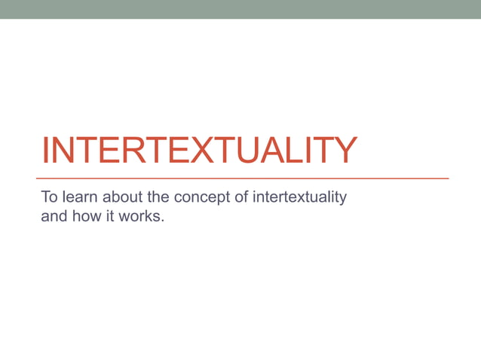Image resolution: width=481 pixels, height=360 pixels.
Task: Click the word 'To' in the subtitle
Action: point(50,198)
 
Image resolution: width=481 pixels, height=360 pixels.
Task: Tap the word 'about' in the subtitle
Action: point(117,198)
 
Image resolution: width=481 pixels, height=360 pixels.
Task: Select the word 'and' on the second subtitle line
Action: point(54,218)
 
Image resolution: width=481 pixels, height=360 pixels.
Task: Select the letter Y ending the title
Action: point(340,150)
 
